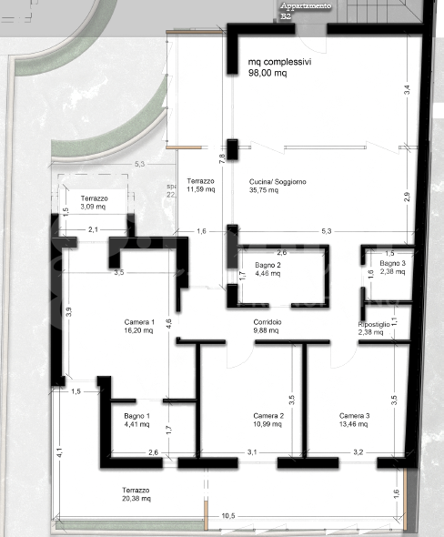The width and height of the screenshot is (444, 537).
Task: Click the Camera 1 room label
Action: point(140,321)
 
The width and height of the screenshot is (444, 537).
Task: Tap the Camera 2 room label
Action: point(269,416)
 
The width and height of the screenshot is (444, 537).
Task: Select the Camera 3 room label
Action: point(354,416)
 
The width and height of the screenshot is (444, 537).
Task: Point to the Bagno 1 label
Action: point(138,416)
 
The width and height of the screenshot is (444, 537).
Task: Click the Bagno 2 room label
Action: point(267,264)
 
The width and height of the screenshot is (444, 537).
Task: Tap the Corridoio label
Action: point(267,322)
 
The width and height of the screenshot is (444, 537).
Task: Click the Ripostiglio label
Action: point(374,324)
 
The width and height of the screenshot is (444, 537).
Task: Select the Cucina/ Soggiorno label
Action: point(277,182)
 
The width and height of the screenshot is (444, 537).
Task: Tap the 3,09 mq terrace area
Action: point(94,207)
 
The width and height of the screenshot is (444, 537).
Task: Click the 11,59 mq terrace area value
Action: point(200,190)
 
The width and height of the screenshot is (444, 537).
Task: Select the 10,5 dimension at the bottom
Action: point(227,517)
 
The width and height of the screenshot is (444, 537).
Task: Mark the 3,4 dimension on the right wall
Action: point(409,89)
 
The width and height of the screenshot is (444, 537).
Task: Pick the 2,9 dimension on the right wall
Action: point(409,197)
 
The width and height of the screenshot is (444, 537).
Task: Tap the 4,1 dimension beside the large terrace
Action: point(58,451)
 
